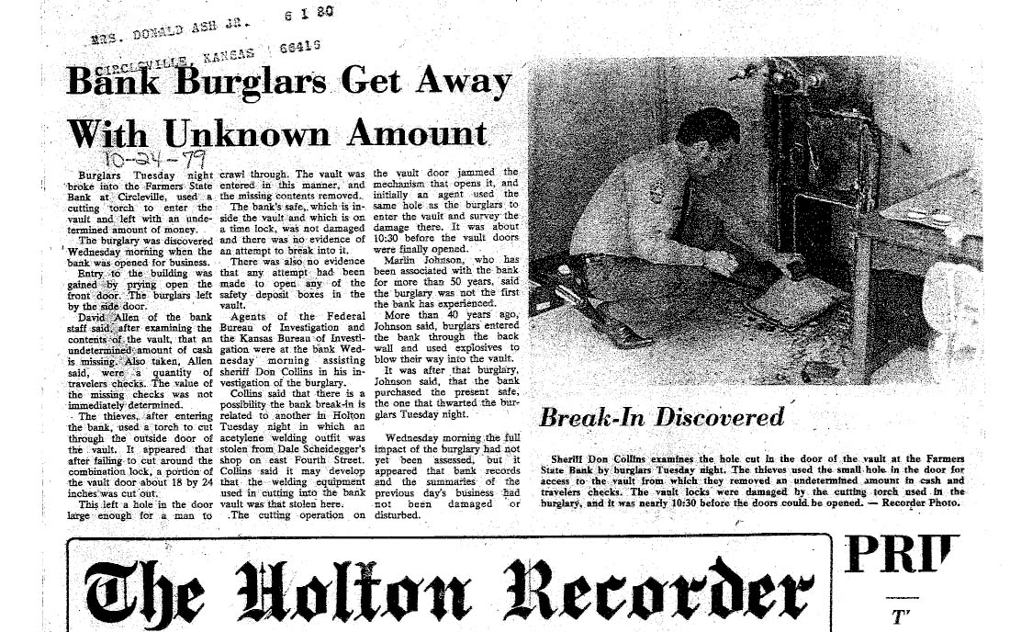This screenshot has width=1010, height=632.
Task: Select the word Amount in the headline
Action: (x=416, y=133)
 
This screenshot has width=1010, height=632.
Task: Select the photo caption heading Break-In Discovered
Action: (x=661, y=418)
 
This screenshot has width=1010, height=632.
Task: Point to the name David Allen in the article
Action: (x=120, y=316)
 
